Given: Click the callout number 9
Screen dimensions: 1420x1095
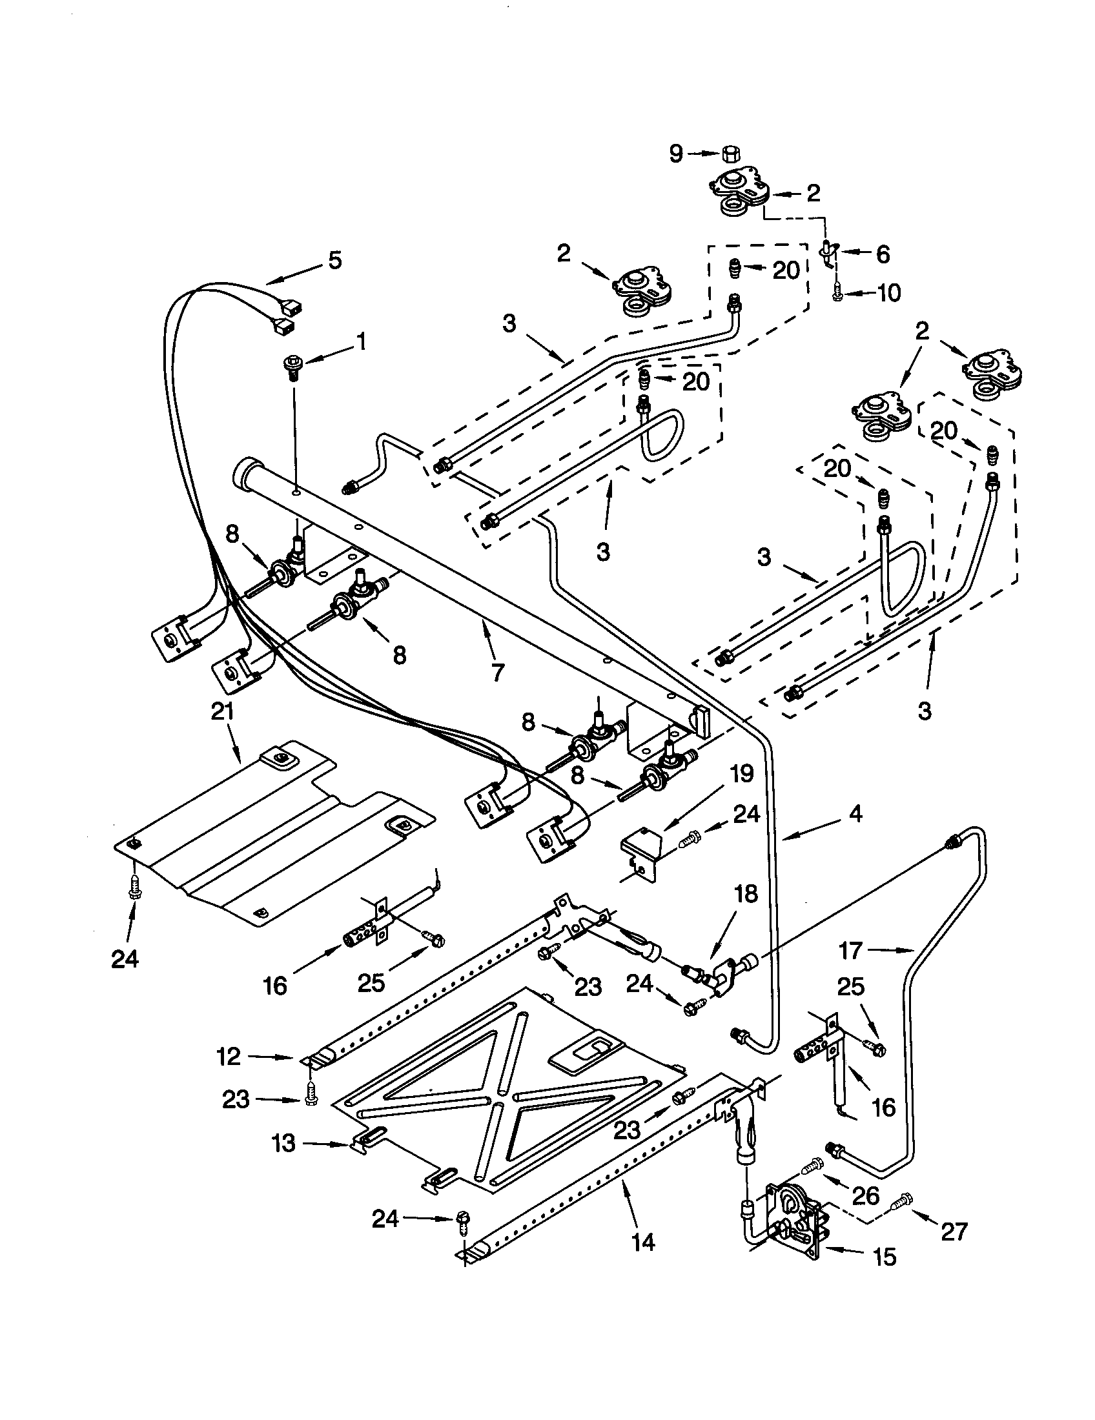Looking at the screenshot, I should pos(676,154).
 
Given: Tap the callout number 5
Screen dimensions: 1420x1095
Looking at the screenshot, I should pos(334,260).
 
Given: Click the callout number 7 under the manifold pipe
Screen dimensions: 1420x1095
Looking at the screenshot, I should pos(497,673).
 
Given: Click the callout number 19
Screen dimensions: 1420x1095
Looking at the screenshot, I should pos(742,774).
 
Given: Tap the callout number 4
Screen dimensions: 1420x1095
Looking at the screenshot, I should pos(855,813).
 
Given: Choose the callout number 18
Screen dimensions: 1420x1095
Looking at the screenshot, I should pos(746,894).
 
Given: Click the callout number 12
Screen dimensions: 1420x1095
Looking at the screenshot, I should pos(229,1057).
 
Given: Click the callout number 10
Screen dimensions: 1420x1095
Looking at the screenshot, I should pos(888,293).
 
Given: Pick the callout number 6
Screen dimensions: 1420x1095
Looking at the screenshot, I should pos(882,254).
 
